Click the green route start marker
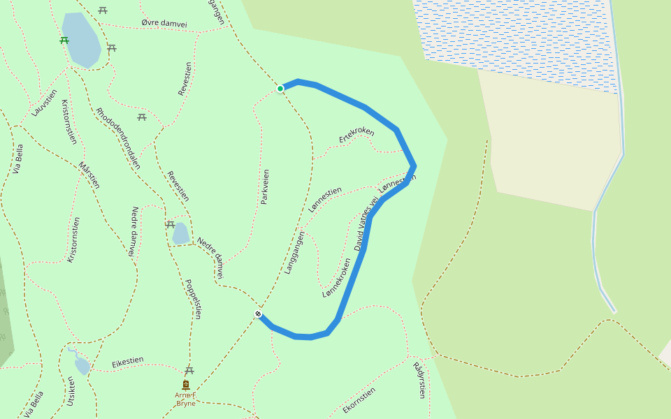click(x=280, y=89)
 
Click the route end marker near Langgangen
click(x=259, y=314)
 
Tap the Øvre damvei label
click(x=164, y=23)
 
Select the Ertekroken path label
click(x=356, y=135)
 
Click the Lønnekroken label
click(x=337, y=278)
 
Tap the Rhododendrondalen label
click(x=118, y=138)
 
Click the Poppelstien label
click(x=192, y=299)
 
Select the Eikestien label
click(x=128, y=362)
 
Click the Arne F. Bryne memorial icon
click(x=186, y=385)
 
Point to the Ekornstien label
click(x=359, y=400)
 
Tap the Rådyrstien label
click(x=419, y=380)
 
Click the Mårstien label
click(x=89, y=175)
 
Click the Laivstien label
click(x=44, y=103)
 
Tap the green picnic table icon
click(x=64, y=41)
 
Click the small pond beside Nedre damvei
click(x=180, y=233)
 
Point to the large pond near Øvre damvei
click(x=81, y=39)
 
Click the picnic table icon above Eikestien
click(x=189, y=370)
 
